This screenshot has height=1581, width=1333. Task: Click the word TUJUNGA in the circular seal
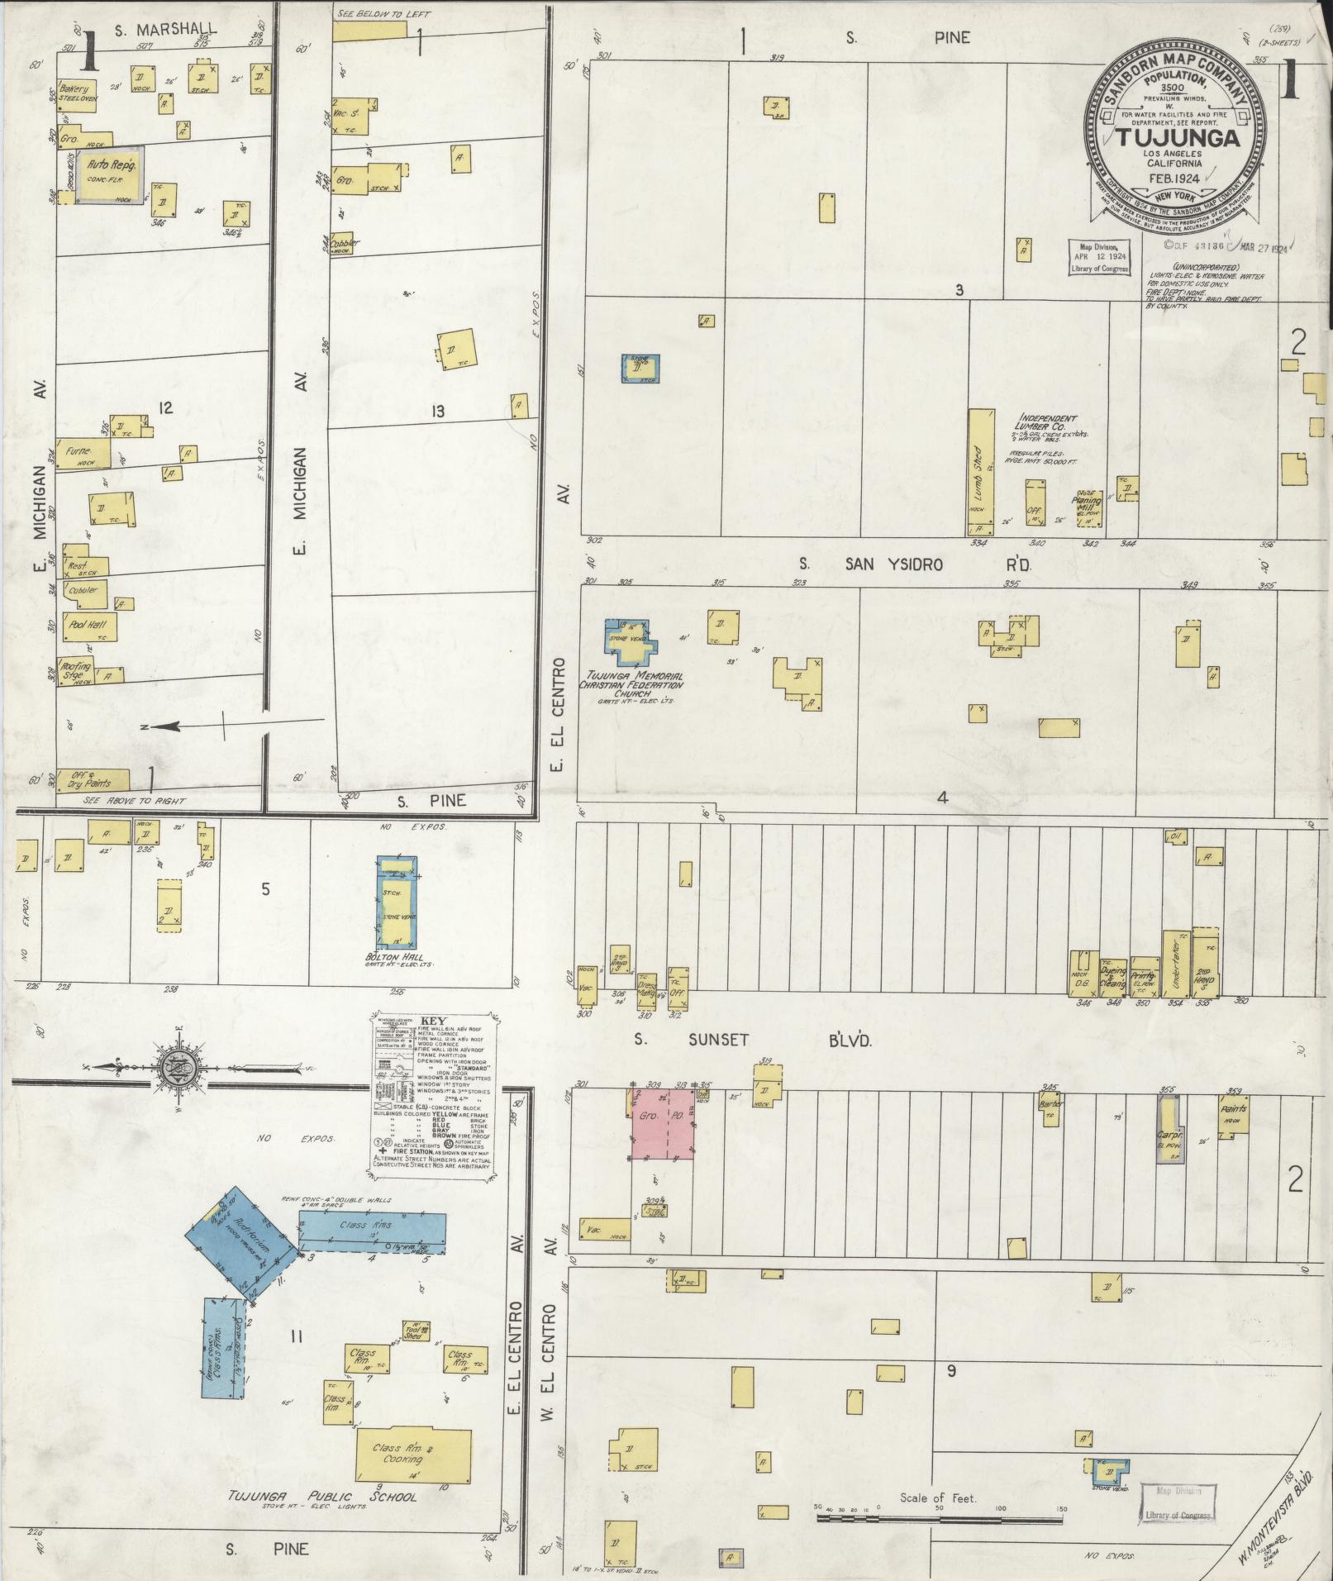pyautogui.click(x=1179, y=138)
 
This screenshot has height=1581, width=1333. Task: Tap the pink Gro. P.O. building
pyautogui.click(x=662, y=1123)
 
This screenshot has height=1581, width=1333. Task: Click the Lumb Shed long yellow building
pyautogui.click(x=980, y=472)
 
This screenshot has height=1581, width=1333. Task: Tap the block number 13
pyautogui.click(x=437, y=411)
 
